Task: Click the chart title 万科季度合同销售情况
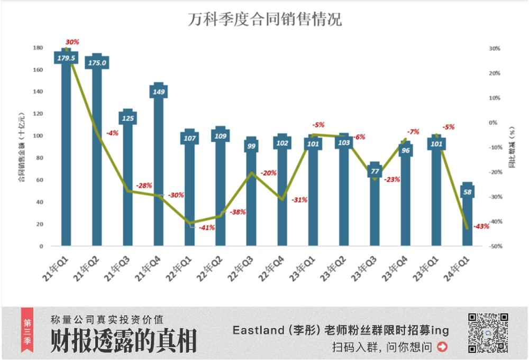[x=264, y=20]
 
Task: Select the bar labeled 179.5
[x=66, y=153]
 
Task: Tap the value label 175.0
[x=97, y=62]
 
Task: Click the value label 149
[x=159, y=91]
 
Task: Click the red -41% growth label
[x=206, y=227]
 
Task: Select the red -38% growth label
[x=238, y=212]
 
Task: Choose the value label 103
[x=344, y=143]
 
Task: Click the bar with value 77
[x=375, y=209]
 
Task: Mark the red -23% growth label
[x=392, y=180]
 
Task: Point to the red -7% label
[x=413, y=131]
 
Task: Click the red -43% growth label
[x=481, y=226]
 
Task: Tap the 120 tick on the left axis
[x=39, y=114]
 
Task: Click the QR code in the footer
[x=488, y=333]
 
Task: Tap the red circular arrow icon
[x=443, y=347]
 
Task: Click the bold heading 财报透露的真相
[x=123, y=340]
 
